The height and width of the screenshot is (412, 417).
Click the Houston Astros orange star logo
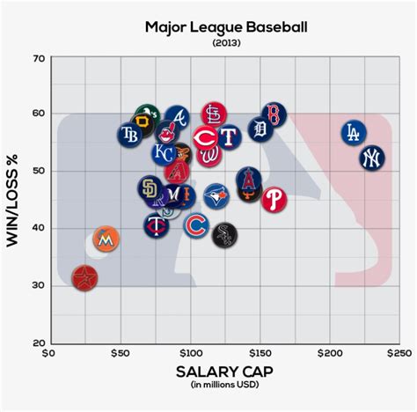pyautogui.click(x=85, y=278)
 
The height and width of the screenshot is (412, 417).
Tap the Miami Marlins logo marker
pyautogui.click(x=106, y=239)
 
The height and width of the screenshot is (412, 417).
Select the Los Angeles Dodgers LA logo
pyautogui.click(x=355, y=133)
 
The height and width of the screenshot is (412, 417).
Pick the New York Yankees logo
pyautogui.click(x=372, y=158)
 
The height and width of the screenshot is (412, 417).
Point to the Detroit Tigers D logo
pyautogui.click(x=260, y=130)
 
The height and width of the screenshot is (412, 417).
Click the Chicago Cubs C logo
pyautogui.click(x=197, y=227)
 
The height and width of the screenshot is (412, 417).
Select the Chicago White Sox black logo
pyautogui.click(x=224, y=234)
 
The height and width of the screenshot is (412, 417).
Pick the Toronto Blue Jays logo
pyautogui.click(x=216, y=195)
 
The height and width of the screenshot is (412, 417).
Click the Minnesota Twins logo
pyautogui.click(x=159, y=226)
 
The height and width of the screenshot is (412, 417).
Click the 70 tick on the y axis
pyautogui.click(x=38, y=58)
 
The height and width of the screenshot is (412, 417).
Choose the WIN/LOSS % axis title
pyautogui.click(x=14, y=201)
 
